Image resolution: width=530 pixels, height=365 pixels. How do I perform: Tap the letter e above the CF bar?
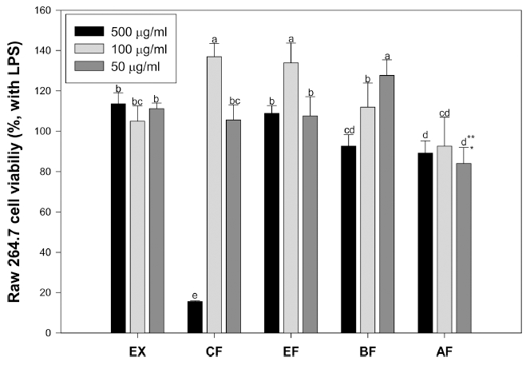tap(193, 295)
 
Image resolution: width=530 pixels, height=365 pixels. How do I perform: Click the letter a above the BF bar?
tap(386, 56)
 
